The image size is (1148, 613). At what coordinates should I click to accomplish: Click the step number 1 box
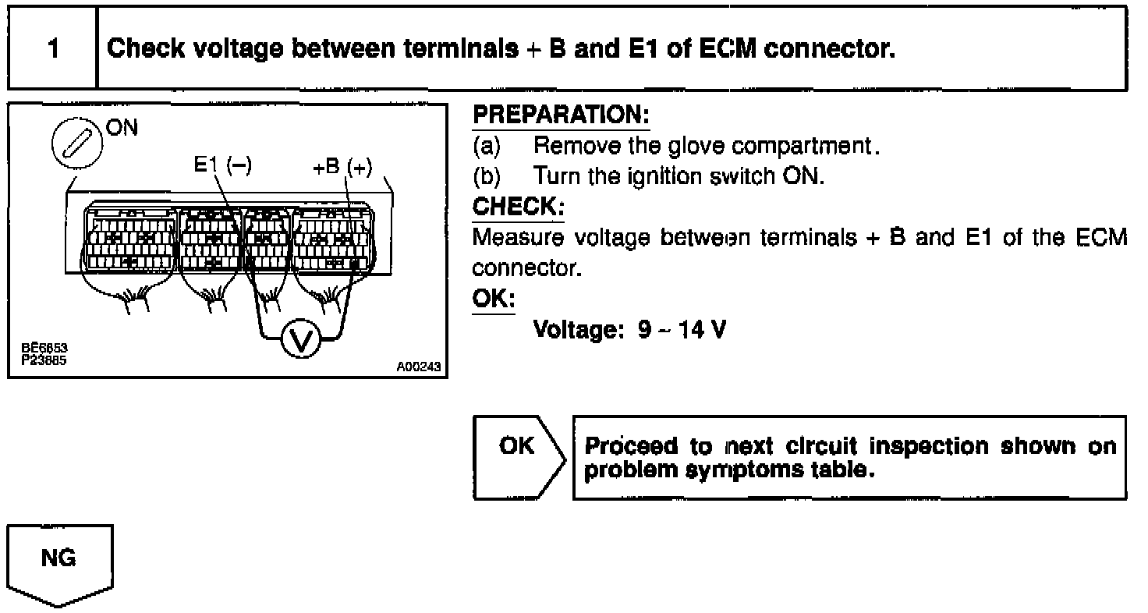(x=52, y=48)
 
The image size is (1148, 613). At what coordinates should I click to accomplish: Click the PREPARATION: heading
(x=561, y=115)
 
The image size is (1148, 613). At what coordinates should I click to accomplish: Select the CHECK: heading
(x=518, y=207)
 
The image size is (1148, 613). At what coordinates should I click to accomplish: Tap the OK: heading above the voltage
(x=494, y=299)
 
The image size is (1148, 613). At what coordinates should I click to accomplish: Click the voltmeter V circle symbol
(x=299, y=340)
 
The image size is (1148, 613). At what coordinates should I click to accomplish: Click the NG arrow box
(x=60, y=562)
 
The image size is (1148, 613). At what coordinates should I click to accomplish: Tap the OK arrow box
(x=518, y=456)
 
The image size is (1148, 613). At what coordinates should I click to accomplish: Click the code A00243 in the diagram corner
(x=418, y=365)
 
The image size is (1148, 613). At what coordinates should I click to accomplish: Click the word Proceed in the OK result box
(x=630, y=447)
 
